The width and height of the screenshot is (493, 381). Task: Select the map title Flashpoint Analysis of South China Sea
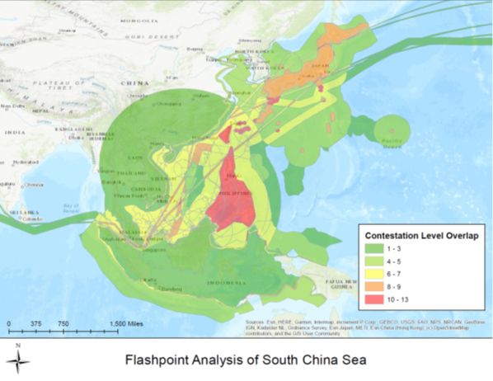[x=246, y=360]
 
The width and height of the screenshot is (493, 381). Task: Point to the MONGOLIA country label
[x=133, y=20]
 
